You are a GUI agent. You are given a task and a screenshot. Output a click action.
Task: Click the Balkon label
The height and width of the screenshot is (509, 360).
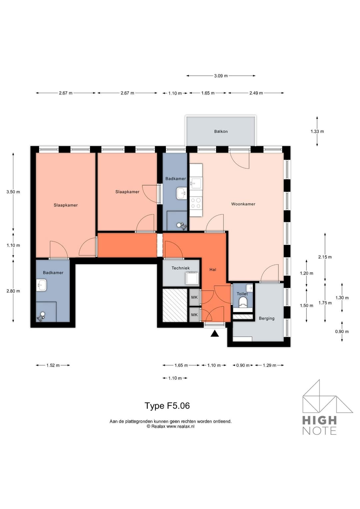221,132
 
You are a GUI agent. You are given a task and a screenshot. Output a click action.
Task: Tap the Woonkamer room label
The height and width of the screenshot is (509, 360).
243,204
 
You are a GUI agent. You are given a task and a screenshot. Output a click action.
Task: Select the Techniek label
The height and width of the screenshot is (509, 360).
180,268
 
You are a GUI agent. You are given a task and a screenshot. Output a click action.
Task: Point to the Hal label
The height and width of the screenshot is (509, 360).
213,270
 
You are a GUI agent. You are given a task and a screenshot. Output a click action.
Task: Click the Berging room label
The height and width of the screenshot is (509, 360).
267,318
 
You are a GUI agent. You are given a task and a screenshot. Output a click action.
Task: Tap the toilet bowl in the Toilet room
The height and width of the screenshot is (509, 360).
243,302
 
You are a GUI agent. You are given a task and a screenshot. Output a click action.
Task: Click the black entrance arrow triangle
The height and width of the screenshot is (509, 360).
215,333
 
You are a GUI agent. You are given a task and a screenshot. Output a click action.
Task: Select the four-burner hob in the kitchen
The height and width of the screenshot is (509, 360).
196,203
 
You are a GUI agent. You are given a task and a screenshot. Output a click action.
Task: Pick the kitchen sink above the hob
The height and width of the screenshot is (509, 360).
196,183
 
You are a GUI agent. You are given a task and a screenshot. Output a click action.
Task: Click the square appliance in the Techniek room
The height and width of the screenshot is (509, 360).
192,278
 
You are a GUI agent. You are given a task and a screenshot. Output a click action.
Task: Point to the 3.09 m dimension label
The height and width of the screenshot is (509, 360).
221,76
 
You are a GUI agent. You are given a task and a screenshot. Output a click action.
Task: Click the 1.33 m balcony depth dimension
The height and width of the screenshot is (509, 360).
317,132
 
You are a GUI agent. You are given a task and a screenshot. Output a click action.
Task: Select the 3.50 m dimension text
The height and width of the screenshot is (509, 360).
13,192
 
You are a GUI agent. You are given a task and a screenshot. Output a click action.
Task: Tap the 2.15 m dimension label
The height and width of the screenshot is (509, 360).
325,257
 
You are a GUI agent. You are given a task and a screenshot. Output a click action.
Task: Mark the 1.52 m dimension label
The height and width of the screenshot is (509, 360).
53,365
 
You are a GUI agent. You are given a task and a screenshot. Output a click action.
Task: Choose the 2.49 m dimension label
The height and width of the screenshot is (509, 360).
256,93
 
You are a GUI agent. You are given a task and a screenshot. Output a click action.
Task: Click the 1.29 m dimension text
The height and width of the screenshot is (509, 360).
269,365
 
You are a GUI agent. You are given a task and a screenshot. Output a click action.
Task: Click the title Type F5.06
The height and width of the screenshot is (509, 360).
167,406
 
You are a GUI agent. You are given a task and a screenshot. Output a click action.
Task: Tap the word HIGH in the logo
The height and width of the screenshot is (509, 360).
319,420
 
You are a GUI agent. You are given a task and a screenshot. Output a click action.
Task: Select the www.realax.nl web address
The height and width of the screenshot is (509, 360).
180,426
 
